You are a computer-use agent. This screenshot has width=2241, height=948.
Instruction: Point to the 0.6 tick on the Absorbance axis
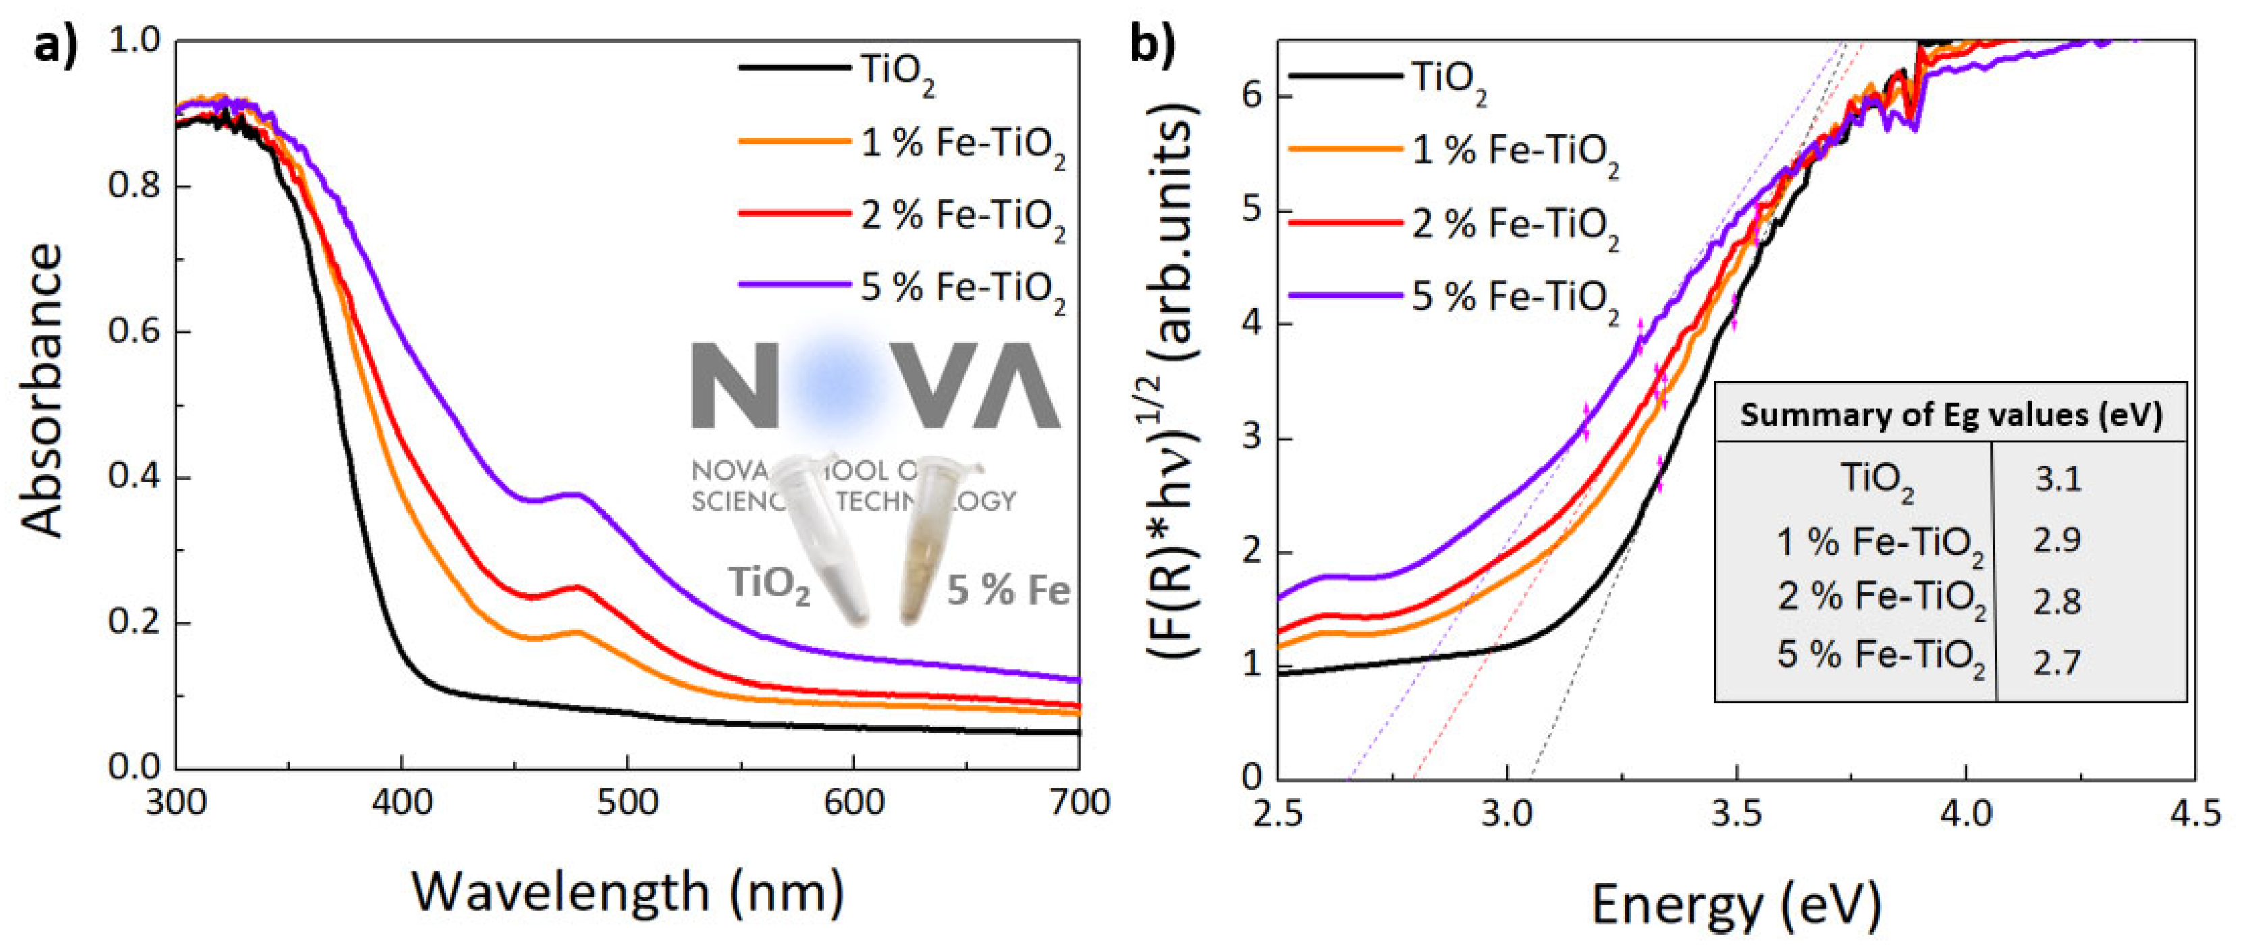tap(136, 331)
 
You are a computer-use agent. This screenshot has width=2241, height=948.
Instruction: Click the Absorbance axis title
tap(42, 391)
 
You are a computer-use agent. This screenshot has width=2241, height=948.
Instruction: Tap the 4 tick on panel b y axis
tap(1252, 325)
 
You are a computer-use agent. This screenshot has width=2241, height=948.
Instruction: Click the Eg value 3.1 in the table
tap(2057, 478)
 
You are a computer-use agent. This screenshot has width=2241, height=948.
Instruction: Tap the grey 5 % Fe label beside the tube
tap(1007, 590)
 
